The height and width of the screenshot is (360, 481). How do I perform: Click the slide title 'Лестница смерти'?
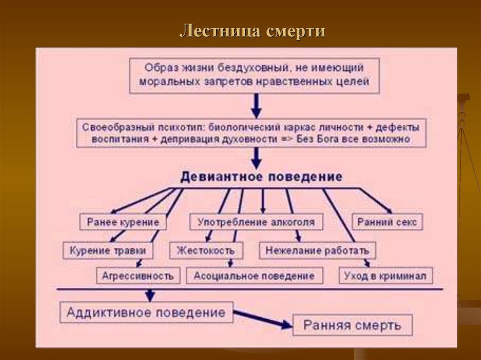click(x=252, y=31)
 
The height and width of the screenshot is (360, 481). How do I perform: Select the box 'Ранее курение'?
click(x=123, y=222)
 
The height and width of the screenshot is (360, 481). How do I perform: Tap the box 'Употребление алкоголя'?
click(x=256, y=222)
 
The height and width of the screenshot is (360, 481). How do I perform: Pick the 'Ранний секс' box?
click(x=387, y=222)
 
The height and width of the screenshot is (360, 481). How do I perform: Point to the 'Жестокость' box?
click(x=206, y=250)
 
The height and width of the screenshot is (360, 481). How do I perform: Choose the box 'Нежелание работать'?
click(x=317, y=250)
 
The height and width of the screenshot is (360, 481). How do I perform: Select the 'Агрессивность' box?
click(x=138, y=276)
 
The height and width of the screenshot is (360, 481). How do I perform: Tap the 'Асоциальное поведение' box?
click(x=254, y=276)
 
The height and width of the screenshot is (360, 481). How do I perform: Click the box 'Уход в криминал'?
click(x=385, y=276)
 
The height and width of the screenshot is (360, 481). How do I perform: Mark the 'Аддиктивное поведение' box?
click(x=146, y=312)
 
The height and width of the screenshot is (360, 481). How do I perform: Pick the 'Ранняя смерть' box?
click(x=352, y=325)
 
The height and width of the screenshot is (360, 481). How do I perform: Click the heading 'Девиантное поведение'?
click(x=262, y=177)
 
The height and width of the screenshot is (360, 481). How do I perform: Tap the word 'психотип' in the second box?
click(x=184, y=127)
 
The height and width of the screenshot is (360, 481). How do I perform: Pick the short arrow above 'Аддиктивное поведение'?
click(x=149, y=295)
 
